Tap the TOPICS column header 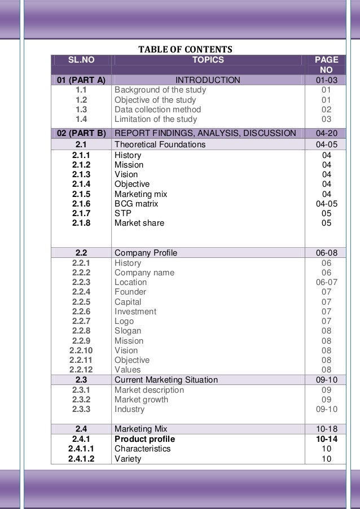(208, 59)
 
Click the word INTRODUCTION (208, 80)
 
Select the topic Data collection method (157, 109)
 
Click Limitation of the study (156, 119)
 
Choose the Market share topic (139, 223)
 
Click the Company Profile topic (146, 253)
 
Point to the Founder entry (130, 292)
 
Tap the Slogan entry (128, 331)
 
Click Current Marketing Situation (166, 380)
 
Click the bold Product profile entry (144, 438)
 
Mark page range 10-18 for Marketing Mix (327, 428)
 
